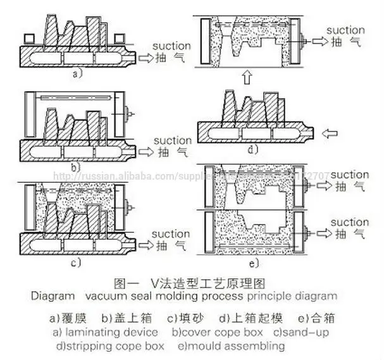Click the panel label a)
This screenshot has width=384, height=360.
77,73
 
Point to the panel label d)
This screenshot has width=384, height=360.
252,150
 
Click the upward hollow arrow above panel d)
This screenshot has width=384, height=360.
247,77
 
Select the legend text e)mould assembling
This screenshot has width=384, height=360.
231,345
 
